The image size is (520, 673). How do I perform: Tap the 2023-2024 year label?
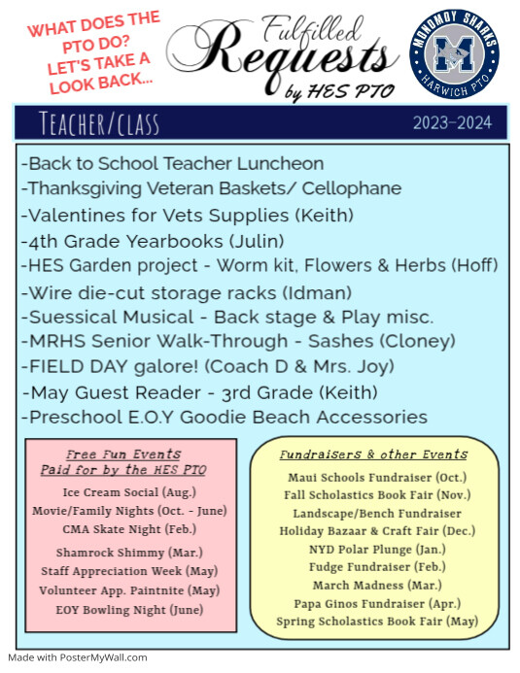coord(452,123)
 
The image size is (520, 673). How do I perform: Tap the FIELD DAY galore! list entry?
coord(207,366)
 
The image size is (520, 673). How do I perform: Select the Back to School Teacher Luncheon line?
coord(172,163)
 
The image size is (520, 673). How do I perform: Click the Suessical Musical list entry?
coord(226,317)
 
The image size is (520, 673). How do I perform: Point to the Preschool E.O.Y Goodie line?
coord(224,417)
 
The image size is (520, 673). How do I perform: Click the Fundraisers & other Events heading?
coord(374,454)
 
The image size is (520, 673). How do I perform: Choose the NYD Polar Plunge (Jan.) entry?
coord(374,550)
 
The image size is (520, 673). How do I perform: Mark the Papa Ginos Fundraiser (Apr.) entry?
coord(374,603)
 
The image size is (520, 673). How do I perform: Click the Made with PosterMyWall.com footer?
coord(78,657)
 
